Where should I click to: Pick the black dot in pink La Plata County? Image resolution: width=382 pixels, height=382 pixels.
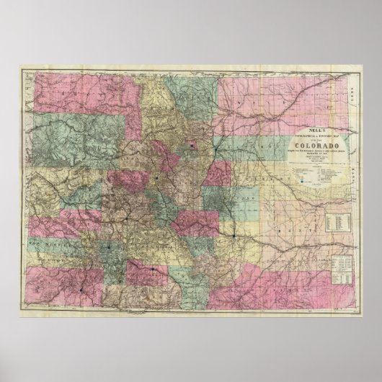point(81,290)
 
